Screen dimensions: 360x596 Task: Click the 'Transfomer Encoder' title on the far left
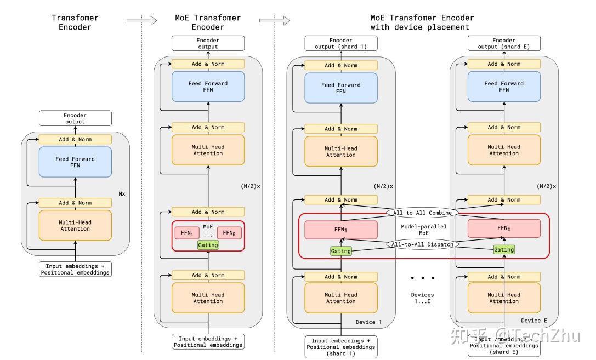[x=75, y=22]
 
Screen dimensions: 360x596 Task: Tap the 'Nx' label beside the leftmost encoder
[x=122, y=193]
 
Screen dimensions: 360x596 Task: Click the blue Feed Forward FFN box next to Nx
[x=75, y=162]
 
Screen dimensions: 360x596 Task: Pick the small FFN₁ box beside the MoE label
[x=187, y=233]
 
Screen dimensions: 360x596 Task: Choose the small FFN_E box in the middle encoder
[x=229, y=233]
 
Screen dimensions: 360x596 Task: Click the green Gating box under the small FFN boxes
[x=208, y=245]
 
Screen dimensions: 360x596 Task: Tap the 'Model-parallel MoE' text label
[x=422, y=229]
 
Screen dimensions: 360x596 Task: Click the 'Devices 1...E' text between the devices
[x=422, y=298]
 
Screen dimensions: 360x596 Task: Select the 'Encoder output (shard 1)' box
[x=341, y=43]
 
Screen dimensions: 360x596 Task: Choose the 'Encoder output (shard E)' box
[x=504, y=43]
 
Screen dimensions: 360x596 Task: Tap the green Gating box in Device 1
[x=340, y=251]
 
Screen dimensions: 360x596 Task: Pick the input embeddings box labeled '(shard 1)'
[x=341, y=347]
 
